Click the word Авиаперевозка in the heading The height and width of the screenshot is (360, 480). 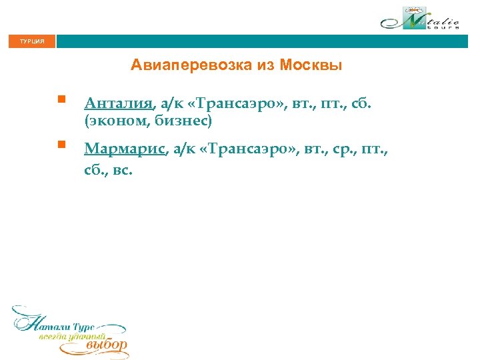(180, 65)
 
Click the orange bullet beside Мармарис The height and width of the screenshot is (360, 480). (60, 144)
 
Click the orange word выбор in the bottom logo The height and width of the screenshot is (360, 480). (107, 345)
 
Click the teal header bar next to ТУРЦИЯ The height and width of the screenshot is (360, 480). (267, 41)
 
